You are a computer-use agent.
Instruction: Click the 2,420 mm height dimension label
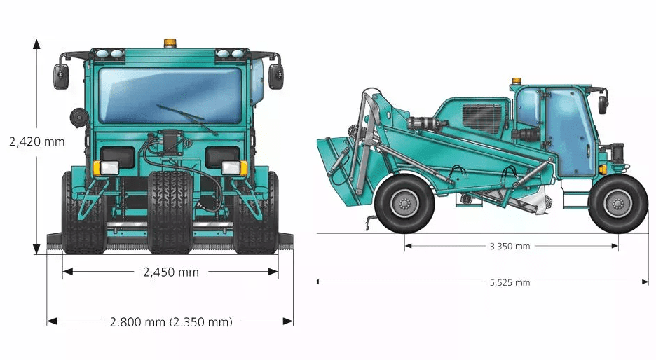click(36, 141)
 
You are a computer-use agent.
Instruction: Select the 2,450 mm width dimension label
click(170, 272)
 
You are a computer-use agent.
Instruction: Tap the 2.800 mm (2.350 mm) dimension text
click(171, 321)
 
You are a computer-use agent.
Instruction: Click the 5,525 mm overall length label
click(510, 282)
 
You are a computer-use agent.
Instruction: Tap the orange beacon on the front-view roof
click(170, 44)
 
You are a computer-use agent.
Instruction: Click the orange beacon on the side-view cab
click(517, 81)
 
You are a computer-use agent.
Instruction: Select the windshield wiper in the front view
click(186, 118)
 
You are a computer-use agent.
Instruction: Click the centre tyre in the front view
click(170, 210)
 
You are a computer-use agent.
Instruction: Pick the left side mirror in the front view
click(62, 76)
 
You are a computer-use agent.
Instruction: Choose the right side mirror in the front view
click(276, 76)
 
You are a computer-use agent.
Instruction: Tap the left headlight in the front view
click(109, 167)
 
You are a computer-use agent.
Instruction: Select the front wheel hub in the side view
click(617, 204)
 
